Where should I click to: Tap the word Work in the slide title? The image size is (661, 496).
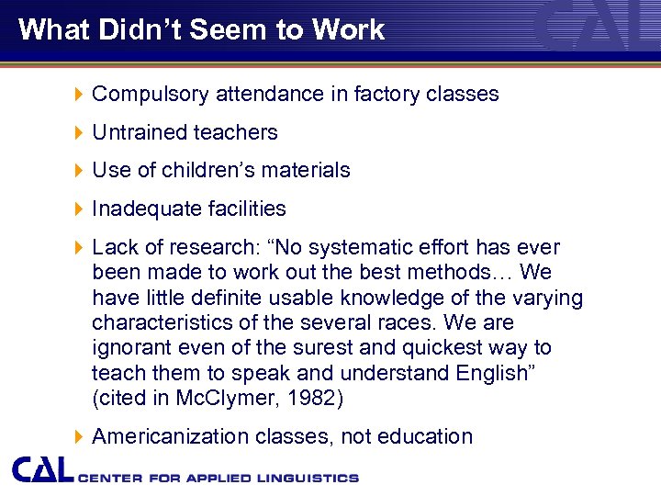pyautogui.click(x=347, y=29)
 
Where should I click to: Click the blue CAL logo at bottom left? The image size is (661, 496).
pyautogui.click(x=43, y=469)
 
